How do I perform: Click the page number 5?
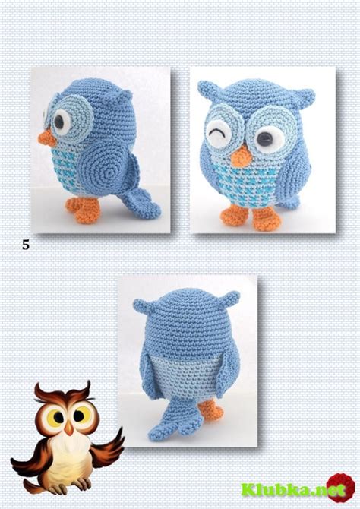(x=26, y=245)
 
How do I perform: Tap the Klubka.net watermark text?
(x=293, y=489)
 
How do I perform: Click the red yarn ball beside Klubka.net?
(x=340, y=487)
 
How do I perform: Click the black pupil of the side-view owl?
(x=59, y=121)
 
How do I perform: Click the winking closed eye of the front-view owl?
(x=218, y=134)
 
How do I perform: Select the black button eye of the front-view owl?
(x=265, y=139)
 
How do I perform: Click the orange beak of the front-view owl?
(x=241, y=157)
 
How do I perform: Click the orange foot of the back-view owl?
(x=211, y=410)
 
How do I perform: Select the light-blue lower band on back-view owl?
(x=186, y=376)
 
